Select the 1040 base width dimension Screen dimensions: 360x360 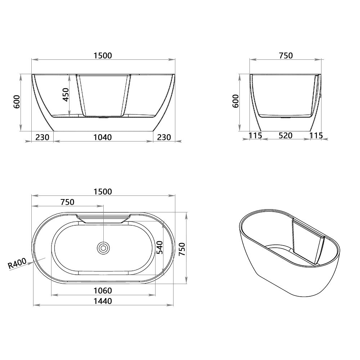(x=103, y=137)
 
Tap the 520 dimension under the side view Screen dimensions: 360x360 (x=285, y=135)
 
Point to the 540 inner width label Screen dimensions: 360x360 (x=160, y=247)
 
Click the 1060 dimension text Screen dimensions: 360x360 (x=103, y=291)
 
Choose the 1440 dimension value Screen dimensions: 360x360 (x=103, y=301)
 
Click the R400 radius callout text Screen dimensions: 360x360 (x=17, y=264)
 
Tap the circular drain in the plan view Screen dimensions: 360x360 (x=103, y=248)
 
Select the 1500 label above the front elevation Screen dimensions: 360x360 (x=103, y=55)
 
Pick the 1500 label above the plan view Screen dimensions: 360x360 (x=103, y=192)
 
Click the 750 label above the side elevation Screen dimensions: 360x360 (x=286, y=55)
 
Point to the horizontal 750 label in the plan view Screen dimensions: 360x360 (x=67, y=202)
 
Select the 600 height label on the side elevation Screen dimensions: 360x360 (x=236, y=101)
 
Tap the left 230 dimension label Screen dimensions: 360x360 (x=42, y=137)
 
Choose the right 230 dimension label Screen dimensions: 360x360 (x=164, y=137)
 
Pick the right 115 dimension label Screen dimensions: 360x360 (x=316, y=135)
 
